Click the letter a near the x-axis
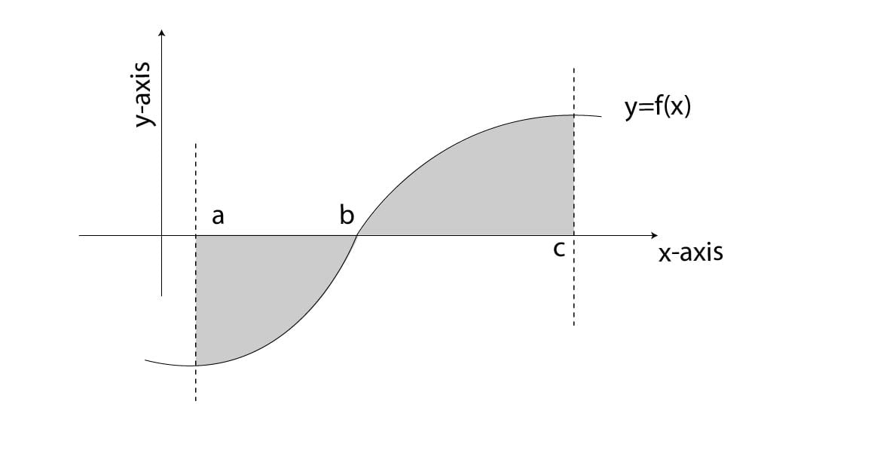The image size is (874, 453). point(218,217)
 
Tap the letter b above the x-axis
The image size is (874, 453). point(347,216)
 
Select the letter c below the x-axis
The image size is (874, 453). point(558,249)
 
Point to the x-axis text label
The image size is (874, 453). point(690,253)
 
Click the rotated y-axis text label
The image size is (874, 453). point(143,93)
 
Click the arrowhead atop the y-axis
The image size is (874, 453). point(161,32)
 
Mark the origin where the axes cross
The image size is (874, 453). point(161,235)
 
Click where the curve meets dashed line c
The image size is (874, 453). point(573,115)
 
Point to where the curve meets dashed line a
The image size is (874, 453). point(196,366)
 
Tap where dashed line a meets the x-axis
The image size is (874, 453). point(196,235)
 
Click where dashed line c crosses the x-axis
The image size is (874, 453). point(573,235)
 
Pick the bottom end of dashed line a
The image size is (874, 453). point(196,399)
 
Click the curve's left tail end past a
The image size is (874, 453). point(145,360)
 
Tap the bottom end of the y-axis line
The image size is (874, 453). point(161,295)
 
